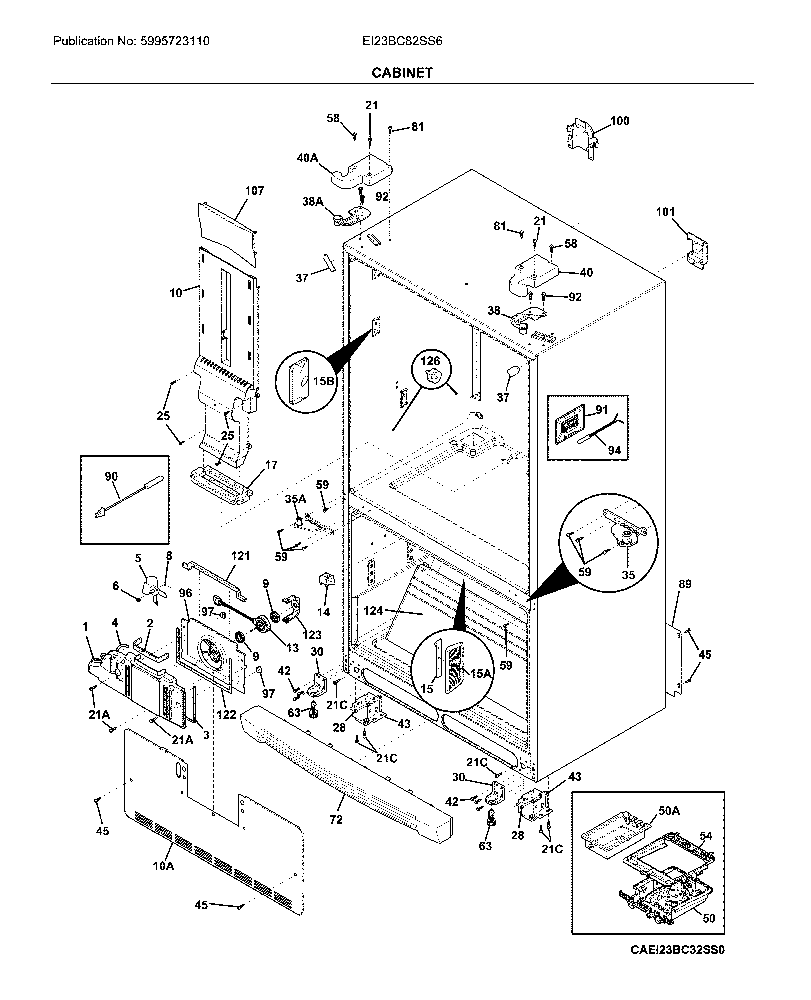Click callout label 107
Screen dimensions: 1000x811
tap(254, 191)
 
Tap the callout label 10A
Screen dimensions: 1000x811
tap(163, 866)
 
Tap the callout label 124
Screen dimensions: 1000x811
tap(373, 611)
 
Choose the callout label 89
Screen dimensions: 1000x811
tap(685, 584)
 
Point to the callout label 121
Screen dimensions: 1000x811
tap(240, 556)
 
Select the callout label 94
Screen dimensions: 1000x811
tap(614, 450)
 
